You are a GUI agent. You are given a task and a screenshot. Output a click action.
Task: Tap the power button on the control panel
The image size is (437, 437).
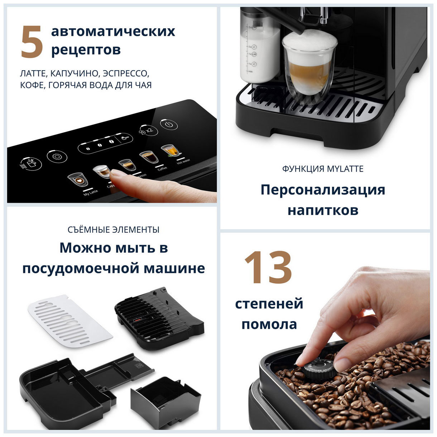[169, 125]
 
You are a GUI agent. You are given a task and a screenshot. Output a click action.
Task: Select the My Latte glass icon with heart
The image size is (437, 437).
[76, 179]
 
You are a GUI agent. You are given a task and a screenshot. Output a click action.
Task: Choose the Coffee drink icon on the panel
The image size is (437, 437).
[147, 157]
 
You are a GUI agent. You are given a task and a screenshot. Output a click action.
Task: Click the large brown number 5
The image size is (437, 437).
[32, 42]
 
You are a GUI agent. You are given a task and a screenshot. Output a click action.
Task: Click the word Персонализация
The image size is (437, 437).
[322, 189]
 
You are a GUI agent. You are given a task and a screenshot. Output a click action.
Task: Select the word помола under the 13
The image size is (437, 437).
[269, 324]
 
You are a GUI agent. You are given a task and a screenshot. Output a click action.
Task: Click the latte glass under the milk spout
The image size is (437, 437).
[309, 68]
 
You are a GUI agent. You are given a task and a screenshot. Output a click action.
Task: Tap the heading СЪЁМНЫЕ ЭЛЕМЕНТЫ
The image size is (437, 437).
[114, 230]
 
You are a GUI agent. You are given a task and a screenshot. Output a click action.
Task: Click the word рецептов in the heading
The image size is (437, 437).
[86, 50]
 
